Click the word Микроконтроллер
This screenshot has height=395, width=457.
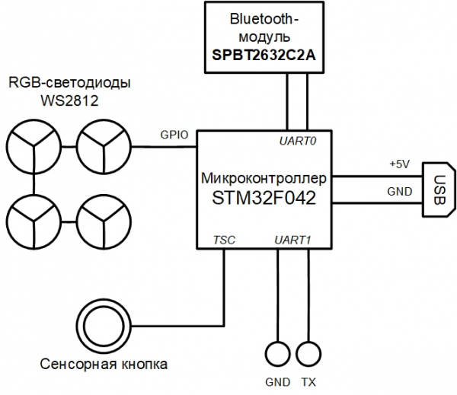264,180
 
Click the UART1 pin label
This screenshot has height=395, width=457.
293,241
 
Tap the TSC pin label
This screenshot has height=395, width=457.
225,241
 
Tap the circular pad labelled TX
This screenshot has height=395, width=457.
308,354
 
